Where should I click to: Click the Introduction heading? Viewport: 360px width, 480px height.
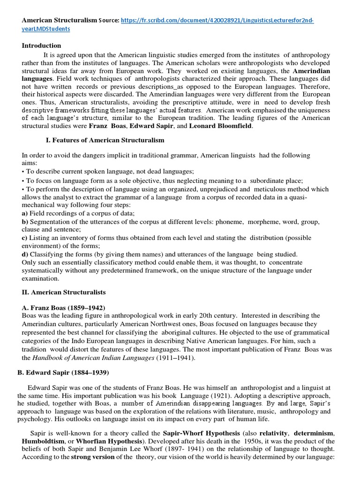tap(42, 45)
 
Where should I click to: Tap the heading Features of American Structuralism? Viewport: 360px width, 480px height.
tap(105, 140)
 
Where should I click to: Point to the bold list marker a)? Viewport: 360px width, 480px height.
tap(25, 213)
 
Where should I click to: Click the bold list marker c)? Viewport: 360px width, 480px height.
tap(25, 238)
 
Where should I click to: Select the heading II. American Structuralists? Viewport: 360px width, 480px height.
tap(64, 292)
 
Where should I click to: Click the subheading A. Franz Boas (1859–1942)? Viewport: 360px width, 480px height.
tap(63, 307)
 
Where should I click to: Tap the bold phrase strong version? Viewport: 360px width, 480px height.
tap(92, 457)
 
